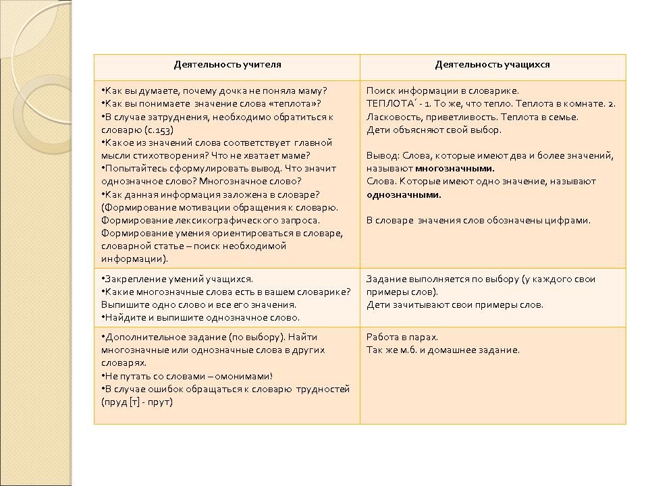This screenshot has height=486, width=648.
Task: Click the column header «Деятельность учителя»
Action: (x=227, y=65)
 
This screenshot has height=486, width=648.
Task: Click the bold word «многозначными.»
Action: (x=455, y=169)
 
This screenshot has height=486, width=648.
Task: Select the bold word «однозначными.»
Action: (x=404, y=194)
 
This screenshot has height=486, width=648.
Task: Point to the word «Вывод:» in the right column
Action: (x=381, y=156)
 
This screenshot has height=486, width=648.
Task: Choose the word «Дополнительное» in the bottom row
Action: (x=138, y=337)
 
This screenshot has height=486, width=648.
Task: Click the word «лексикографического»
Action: (x=200, y=220)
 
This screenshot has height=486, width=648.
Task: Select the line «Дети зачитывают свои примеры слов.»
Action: (x=454, y=305)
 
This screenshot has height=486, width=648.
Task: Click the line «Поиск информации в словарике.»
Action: (x=442, y=91)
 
